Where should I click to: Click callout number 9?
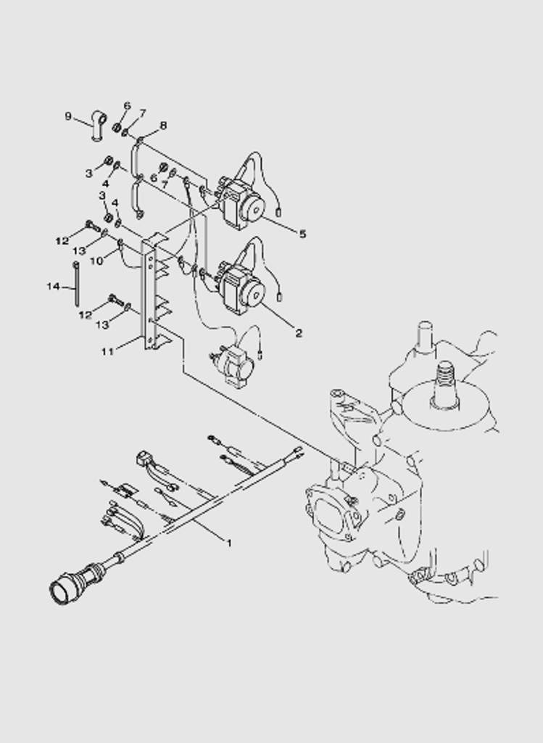[68, 116]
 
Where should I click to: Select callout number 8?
[163, 126]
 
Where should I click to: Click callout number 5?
[302, 234]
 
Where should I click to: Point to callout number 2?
[298, 333]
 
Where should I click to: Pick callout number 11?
[107, 352]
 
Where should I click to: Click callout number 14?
[53, 286]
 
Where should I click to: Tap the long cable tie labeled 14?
[75, 284]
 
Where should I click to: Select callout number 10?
[96, 260]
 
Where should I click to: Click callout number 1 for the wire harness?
[229, 543]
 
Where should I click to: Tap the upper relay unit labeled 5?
[239, 200]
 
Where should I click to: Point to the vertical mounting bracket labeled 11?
[152, 295]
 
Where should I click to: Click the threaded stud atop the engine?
[445, 383]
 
